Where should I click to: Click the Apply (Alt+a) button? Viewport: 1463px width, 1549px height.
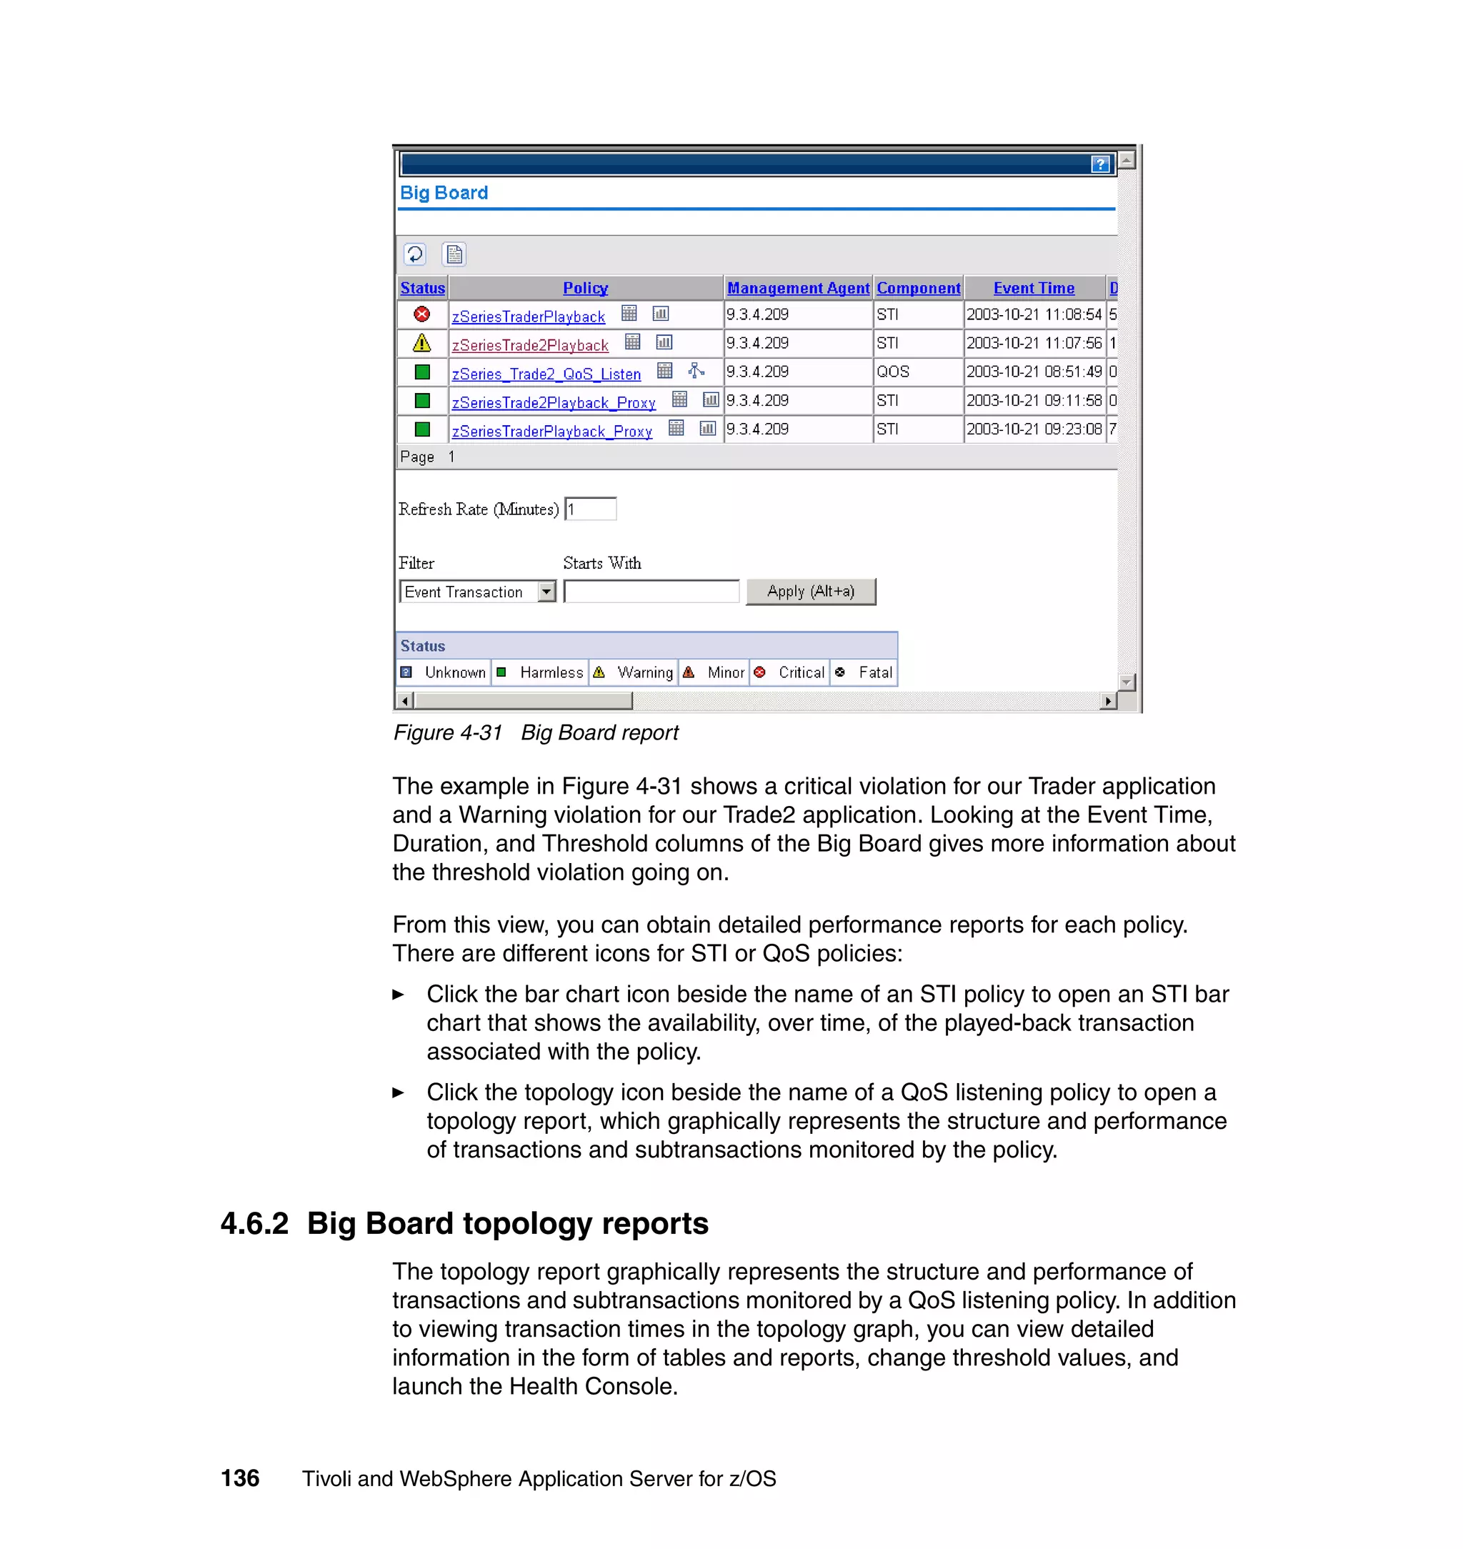coord(810,591)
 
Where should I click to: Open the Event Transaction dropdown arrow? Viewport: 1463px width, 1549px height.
coord(546,592)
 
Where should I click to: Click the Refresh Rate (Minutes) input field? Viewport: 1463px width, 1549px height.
coord(591,509)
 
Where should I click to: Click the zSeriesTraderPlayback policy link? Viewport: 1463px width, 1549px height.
coord(528,317)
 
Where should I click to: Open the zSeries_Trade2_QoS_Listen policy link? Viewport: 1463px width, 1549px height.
coord(546,374)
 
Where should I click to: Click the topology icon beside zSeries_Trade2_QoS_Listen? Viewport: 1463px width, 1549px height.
coord(696,372)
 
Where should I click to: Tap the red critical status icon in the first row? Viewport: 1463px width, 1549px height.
coord(422,314)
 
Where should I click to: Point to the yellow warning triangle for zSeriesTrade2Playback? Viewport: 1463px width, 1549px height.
coord(422,343)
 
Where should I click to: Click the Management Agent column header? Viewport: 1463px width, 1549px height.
coord(798,289)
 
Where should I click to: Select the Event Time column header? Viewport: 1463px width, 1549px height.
coord(1033,289)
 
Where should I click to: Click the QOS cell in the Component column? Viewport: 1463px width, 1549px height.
coord(892,372)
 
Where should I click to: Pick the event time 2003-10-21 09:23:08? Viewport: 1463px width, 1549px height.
coord(1033,429)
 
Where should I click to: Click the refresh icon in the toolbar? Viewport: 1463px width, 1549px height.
coord(415,254)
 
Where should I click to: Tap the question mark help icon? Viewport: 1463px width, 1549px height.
coord(1099,164)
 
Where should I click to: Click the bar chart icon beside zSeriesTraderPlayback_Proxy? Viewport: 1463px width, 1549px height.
coord(707,428)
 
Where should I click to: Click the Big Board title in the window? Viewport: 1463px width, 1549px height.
coord(444,193)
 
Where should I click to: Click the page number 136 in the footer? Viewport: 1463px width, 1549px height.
coord(240,1478)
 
